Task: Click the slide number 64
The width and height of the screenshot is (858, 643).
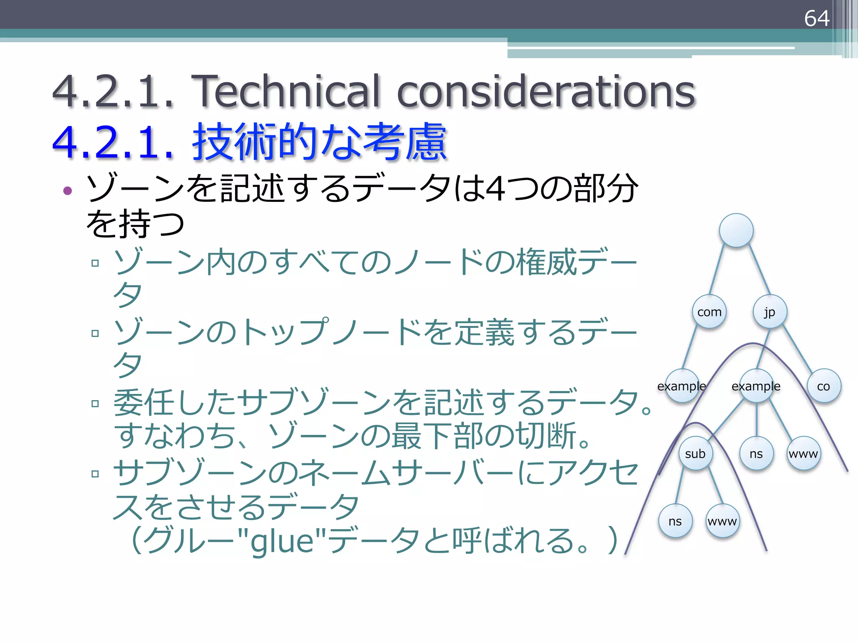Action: [816, 18]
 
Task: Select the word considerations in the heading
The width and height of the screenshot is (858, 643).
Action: [545, 91]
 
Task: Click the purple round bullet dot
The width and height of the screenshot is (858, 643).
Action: [67, 191]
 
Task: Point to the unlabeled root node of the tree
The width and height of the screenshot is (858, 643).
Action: [736, 230]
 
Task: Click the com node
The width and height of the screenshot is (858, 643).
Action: [709, 312]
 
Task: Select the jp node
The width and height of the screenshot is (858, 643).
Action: [770, 312]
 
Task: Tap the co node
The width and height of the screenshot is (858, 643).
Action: [824, 386]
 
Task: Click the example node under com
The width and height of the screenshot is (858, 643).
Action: [682, 386]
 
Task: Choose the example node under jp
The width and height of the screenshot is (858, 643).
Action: [756, 386]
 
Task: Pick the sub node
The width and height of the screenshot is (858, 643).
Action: [695, 453]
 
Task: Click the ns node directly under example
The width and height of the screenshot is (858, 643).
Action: [756, 453]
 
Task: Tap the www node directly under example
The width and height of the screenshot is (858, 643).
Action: [803, 453]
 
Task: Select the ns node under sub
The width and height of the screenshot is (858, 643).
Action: [675, 521]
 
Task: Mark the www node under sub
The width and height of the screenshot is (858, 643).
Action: [722, 521]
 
